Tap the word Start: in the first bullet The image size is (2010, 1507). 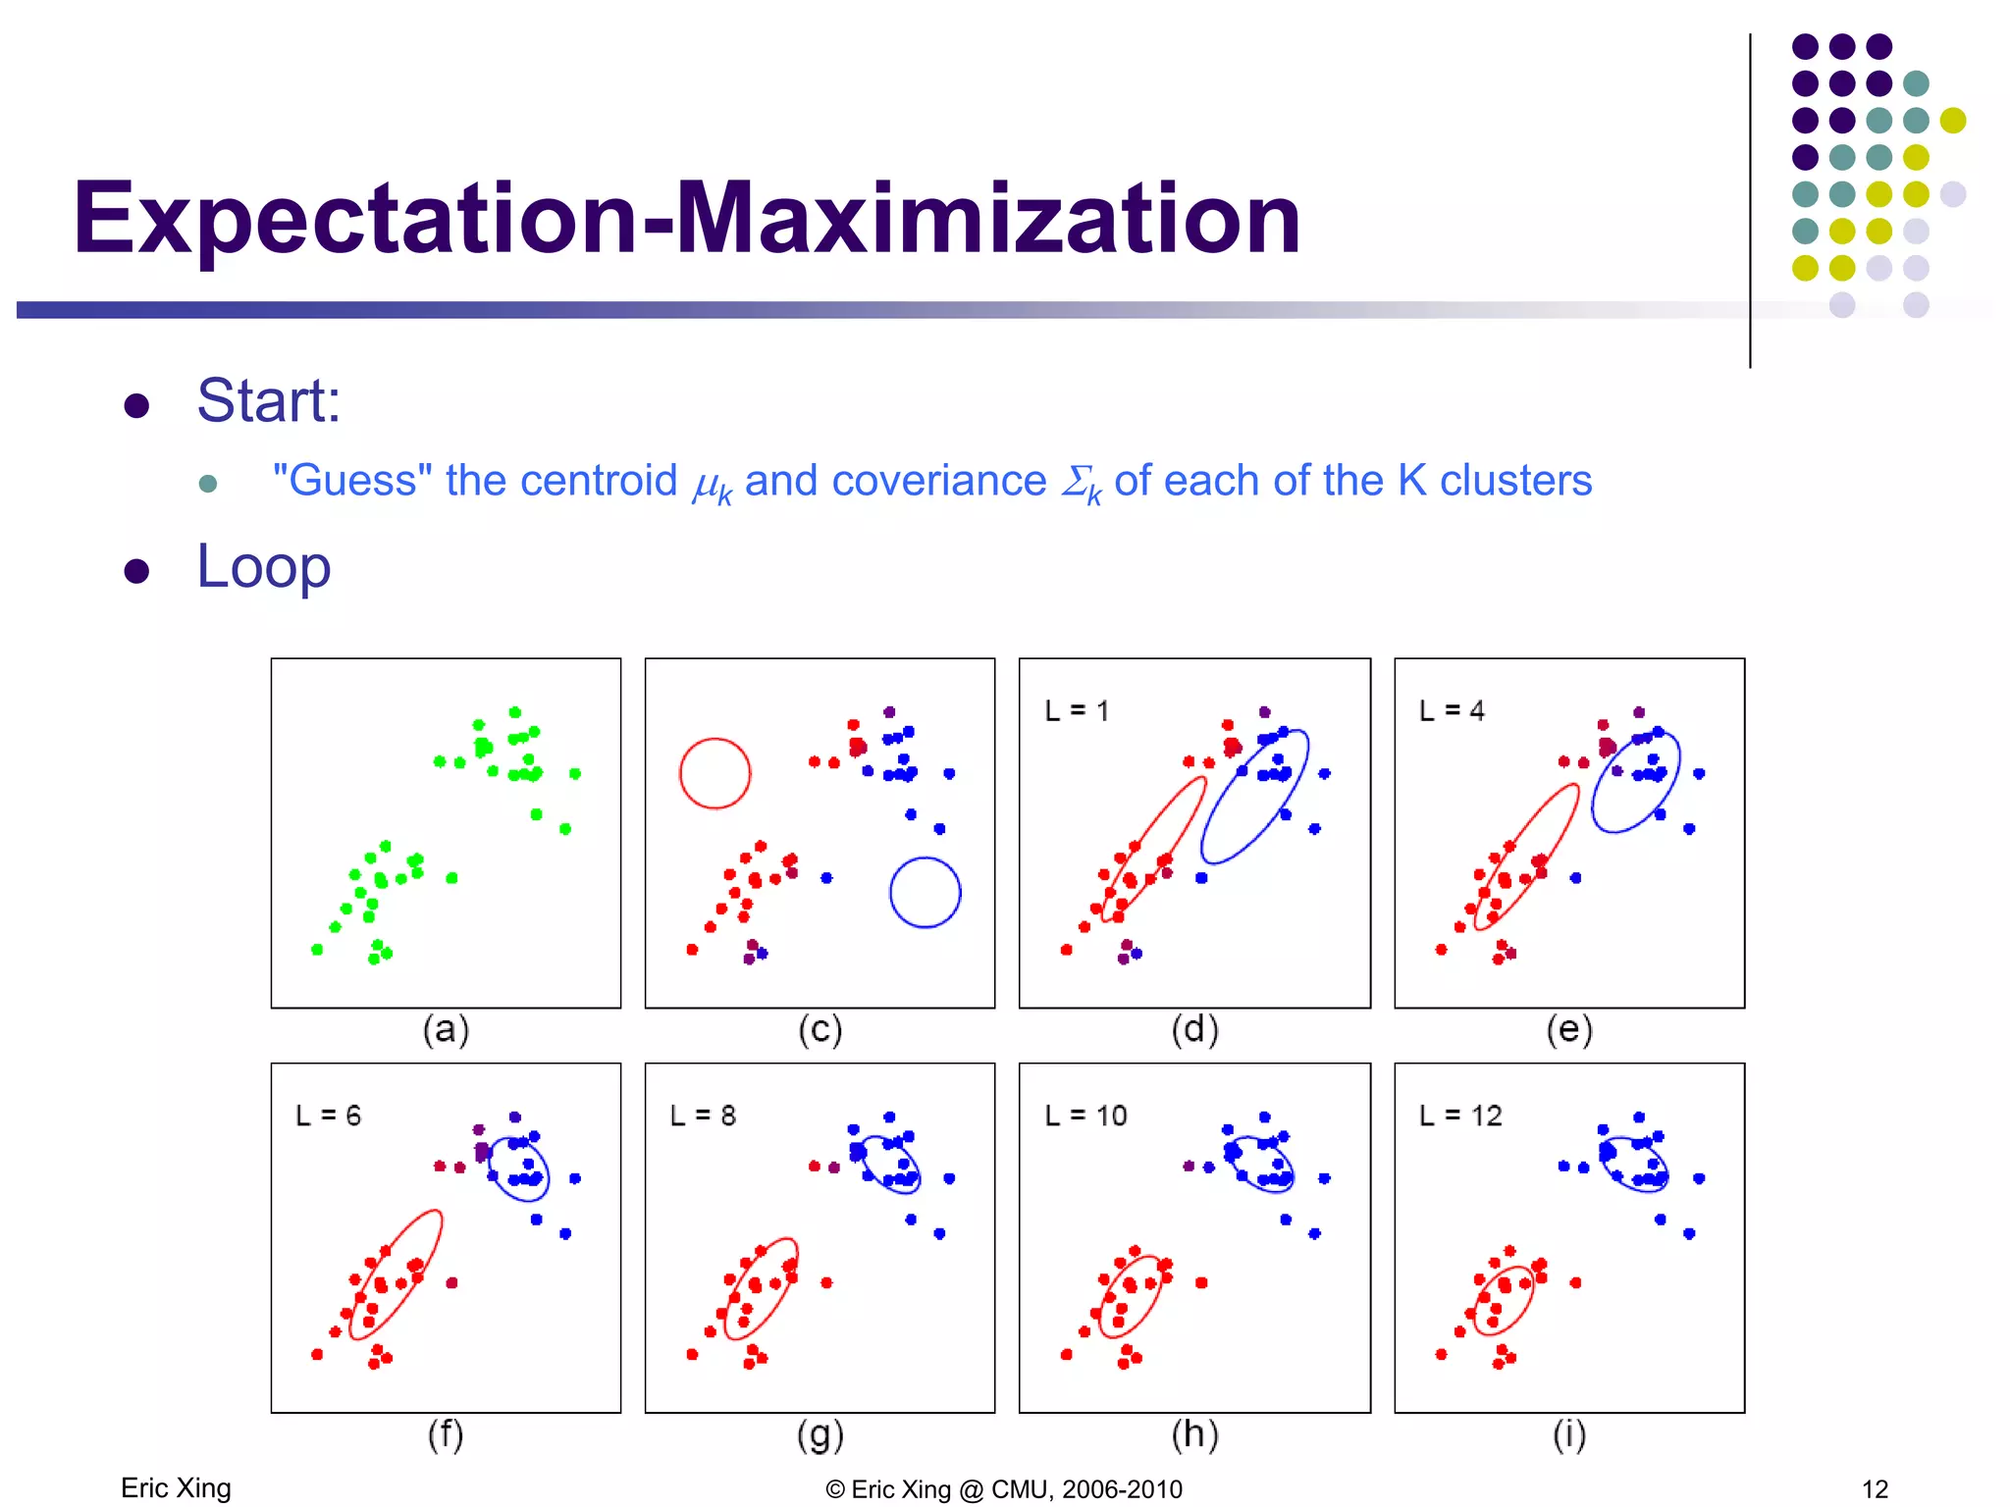268,401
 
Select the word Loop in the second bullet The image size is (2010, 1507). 263,567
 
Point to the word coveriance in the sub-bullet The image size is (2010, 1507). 938,481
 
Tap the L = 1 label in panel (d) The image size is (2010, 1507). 1077,711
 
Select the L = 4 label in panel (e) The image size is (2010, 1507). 1452,711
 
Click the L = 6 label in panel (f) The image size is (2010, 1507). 328,1116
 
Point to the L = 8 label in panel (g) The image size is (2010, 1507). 703,1116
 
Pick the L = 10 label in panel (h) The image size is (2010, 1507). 1085,1116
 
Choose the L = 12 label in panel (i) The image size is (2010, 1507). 1460,1116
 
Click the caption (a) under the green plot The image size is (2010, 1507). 446,1030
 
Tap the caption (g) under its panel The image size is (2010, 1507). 820,1435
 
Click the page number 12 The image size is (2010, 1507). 1875,1489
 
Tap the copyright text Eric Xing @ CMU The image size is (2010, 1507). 1004,1489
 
